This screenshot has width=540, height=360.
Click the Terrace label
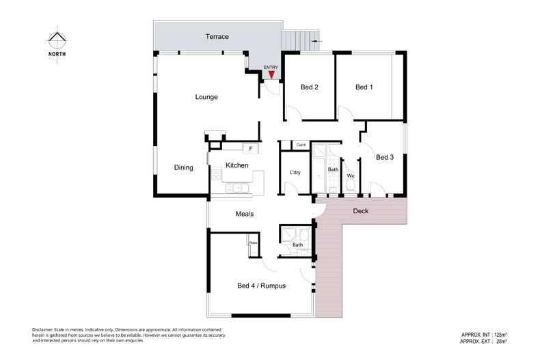point(217,36)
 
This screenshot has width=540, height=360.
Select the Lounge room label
point(206,97)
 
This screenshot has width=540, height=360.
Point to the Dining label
point(183,167)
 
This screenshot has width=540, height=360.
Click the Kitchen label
point(237,166)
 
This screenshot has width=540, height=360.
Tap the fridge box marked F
point(251,148)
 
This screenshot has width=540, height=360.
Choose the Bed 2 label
point(310,87)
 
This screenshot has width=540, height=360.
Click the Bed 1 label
point(364,87)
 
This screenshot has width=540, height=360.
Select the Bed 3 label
point(385,157)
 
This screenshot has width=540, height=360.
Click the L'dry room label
point(295,172)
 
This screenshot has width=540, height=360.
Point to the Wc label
point(351,176)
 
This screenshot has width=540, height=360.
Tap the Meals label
point(245,214)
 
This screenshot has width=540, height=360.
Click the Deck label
point(361,211)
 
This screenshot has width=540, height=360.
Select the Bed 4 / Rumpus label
point(261,286)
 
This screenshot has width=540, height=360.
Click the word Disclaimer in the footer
point(42,330)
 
